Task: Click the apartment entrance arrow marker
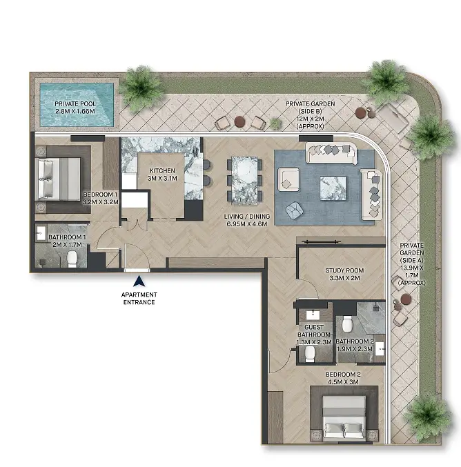139,281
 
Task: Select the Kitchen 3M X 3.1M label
162,175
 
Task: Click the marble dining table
245,181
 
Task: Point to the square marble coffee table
333,188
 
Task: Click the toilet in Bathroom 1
72,259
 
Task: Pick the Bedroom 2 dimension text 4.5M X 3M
344,382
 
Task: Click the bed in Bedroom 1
58,179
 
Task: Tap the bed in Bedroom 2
344,418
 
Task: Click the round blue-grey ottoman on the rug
295,210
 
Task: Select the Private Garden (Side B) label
311,115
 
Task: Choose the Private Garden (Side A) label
412,264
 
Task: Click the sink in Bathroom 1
41,233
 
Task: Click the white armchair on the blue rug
288,179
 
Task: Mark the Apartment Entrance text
139,299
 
